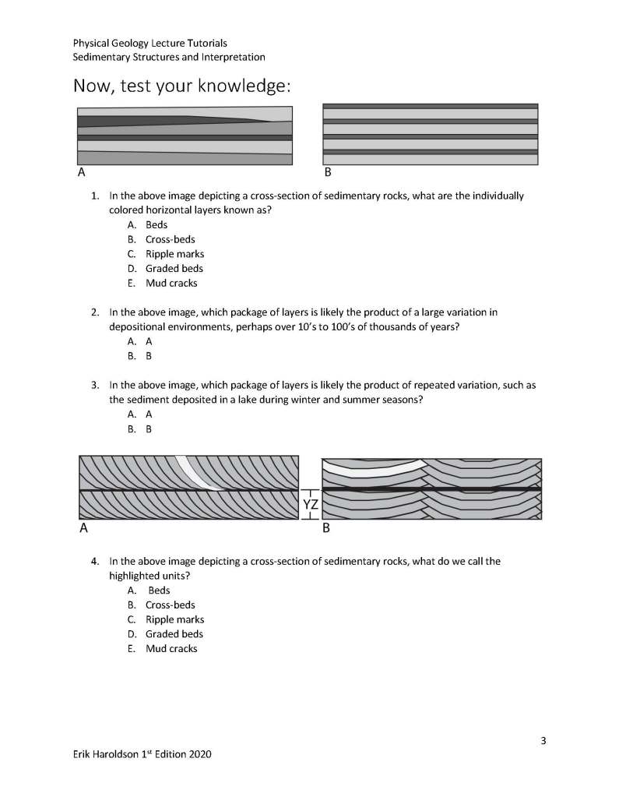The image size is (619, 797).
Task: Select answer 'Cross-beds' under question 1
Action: coord(170,239)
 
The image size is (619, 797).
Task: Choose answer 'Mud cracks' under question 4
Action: coord(171,648)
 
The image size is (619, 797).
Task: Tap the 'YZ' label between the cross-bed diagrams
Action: coord(310,505)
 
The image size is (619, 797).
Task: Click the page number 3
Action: coord(543,740)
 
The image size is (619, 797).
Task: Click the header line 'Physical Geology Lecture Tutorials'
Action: coord(149,43)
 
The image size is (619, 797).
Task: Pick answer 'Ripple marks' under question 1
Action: coord(174,254)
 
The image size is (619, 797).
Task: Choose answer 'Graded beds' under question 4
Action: coord(174,633)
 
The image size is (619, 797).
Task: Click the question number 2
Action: coord(94,312)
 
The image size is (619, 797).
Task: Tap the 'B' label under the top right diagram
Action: coord(327,172)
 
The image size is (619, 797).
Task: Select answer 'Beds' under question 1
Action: coord(157,224)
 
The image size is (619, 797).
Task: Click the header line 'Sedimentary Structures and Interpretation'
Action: coord(169,57)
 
